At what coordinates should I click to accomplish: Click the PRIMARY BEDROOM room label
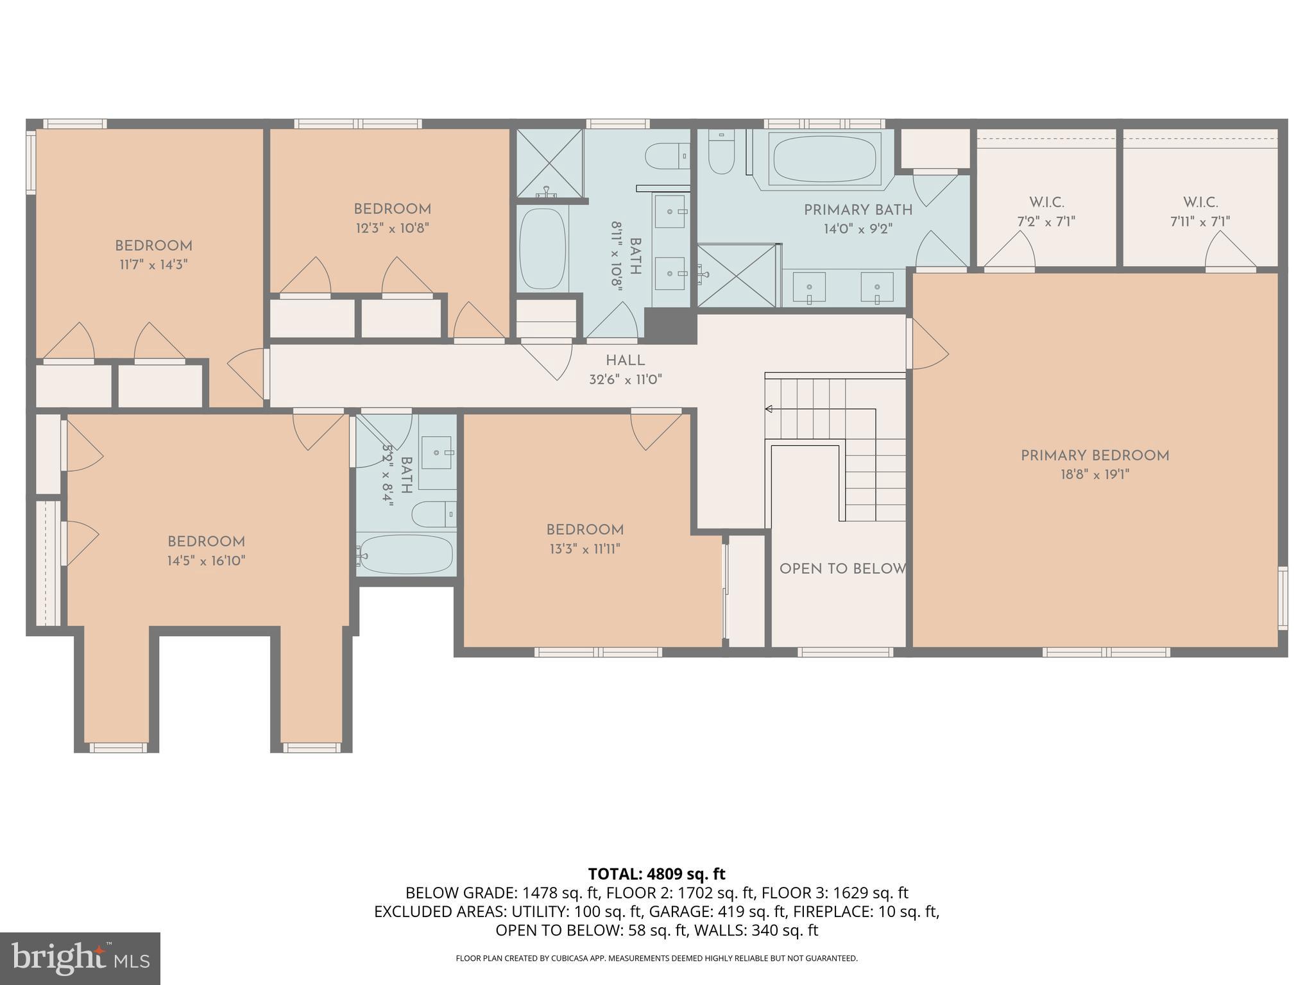[1095, 456]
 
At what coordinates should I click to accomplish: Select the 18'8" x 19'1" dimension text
[1095, 475]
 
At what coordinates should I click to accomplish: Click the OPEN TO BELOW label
[842, 569]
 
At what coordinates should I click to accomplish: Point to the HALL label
[625, 360]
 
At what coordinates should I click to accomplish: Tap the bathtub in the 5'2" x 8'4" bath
[406, 554]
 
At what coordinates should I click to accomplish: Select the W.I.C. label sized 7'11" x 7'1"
[1200, 203]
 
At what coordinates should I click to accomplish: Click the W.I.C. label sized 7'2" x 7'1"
[1046, 203]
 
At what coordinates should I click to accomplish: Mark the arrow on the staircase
[769, 409]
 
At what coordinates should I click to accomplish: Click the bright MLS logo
[80, 958]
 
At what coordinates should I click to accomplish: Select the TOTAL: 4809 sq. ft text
[656, 874]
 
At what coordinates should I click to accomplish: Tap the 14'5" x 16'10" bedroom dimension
[207, 560]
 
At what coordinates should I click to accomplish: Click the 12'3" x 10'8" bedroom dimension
[392, 228]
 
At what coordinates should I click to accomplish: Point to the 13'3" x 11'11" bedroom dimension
[584, 549]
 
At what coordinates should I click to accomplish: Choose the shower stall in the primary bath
[737, 276]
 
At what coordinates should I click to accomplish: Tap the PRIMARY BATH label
[858, 210]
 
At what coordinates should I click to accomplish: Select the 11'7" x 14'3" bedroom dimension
[153, 264]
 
